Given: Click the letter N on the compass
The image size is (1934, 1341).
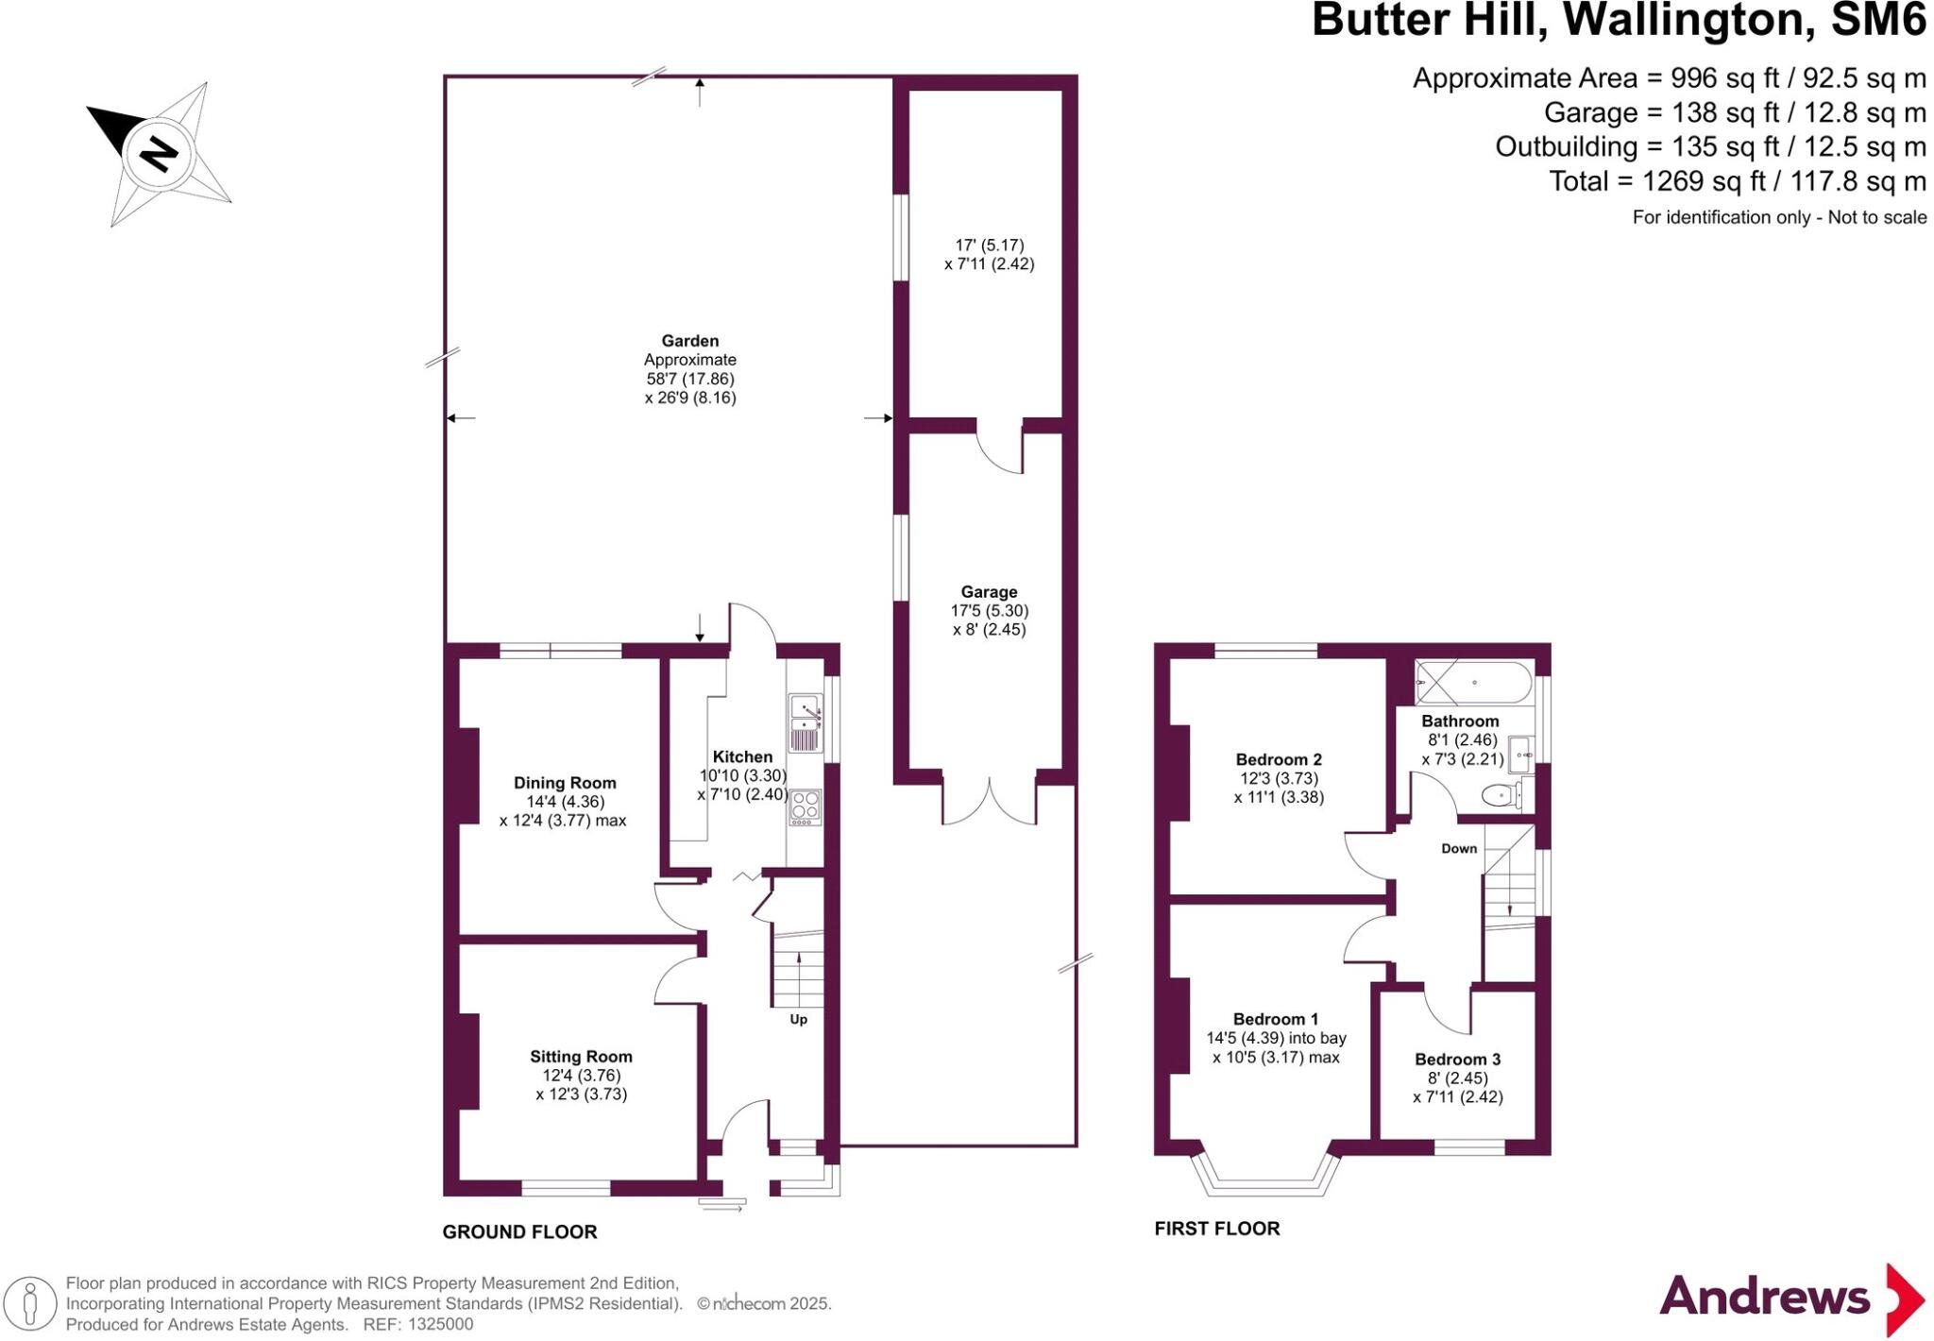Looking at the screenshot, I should [158, 154].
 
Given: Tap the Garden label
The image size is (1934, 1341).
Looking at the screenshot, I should [689, 341].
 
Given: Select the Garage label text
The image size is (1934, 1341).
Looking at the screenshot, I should [989, 592].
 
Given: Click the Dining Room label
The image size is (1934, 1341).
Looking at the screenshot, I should [565, 783].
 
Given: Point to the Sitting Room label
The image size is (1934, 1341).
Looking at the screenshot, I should [581, 1057].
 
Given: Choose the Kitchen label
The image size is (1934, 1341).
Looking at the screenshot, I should [742, 756].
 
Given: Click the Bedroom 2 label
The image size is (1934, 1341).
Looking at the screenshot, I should [1279, 759].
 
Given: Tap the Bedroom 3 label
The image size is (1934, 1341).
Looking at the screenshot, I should [1457, 1060].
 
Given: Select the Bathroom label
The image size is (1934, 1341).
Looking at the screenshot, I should [1460, 721].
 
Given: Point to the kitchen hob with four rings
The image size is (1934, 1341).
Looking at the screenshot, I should [805, 806].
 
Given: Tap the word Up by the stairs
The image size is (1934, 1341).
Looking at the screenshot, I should [798, 1020].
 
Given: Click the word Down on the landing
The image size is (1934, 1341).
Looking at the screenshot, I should [1459, 849].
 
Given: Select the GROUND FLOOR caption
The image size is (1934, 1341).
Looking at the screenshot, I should [519, 1232].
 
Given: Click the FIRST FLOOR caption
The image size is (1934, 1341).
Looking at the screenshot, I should [1217, 1229].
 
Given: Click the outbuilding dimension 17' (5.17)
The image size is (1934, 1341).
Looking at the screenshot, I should [990, 245].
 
